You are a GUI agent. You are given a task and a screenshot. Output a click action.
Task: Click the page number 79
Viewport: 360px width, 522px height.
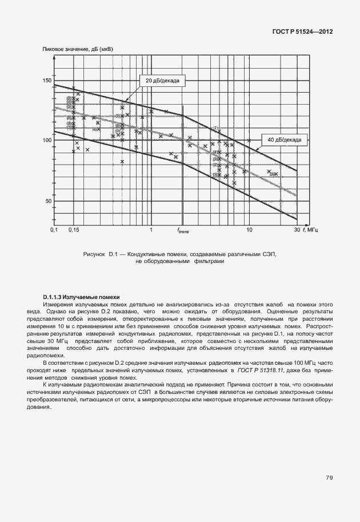point(330,477)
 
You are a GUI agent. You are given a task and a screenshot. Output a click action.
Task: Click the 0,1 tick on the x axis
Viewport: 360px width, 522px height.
point(54,230)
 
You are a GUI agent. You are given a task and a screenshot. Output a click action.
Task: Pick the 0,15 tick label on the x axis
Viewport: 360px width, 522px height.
point(73,230)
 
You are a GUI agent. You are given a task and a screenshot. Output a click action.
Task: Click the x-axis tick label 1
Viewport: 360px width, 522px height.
point(151,230)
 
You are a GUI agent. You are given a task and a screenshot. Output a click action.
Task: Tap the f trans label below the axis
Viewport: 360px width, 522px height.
point(183,230)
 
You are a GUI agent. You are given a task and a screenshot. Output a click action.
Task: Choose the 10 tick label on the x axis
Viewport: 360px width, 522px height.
point(249,230)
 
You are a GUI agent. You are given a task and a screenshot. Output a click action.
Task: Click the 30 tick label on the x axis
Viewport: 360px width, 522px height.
point(297,230)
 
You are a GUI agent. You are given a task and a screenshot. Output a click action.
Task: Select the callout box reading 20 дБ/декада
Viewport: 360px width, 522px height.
point(162,81)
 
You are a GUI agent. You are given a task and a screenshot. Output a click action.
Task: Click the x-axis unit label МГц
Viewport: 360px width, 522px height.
point(313,230)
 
